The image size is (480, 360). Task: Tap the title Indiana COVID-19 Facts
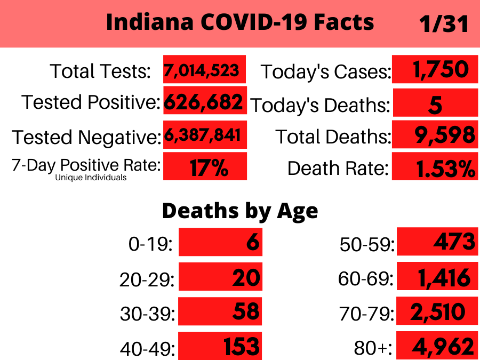240,23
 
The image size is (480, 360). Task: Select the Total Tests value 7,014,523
204,70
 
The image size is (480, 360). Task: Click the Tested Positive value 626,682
204,101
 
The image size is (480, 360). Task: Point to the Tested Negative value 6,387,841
204,135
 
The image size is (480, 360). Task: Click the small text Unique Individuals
91,178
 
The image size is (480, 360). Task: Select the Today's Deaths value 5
435,105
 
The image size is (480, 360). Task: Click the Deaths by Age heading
240,211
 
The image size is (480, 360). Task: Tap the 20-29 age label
147,279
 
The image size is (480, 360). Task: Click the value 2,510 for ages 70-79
437,311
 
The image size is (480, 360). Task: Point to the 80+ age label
373,348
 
